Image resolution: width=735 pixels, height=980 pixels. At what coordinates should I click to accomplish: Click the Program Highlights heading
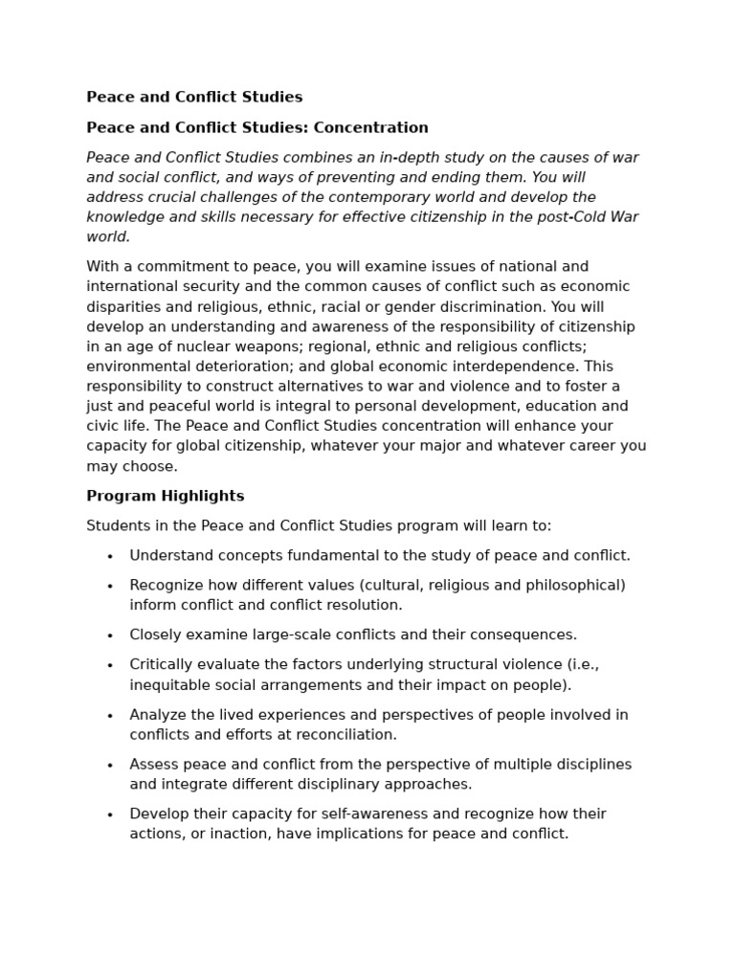coord(165,496)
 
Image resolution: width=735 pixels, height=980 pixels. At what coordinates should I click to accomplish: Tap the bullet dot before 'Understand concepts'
coord(110,556)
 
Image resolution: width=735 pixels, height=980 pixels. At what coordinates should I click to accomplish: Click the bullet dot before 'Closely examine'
coord(110,635)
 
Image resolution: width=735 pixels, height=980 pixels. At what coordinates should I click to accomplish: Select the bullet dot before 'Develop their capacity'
coord(110,814)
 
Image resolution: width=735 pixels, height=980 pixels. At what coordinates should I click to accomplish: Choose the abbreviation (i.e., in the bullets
coord(582,664)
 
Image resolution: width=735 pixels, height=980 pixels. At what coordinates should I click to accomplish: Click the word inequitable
coord(172,684)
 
